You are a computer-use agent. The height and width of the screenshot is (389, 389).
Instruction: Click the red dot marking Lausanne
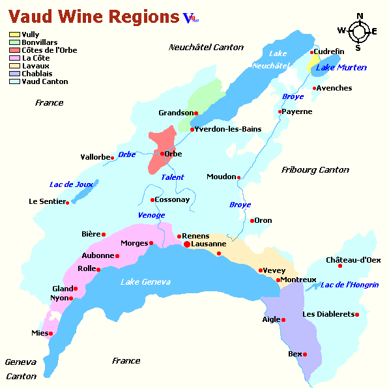tap(187, 244)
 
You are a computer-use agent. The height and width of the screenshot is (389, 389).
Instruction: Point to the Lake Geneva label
tap(145, 281)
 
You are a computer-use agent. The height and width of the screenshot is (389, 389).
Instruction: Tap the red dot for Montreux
tap(279, 280)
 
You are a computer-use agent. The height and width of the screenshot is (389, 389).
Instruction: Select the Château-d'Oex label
tap(353, 260)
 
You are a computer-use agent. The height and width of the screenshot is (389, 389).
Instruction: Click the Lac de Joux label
tap(71, 184)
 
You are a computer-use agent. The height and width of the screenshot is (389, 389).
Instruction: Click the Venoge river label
tap(151, 215)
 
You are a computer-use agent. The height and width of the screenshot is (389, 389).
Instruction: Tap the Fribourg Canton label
tap(315, 170)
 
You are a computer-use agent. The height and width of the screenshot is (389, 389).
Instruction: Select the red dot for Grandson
tap(196, 113)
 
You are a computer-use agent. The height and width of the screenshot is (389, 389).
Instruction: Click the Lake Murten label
tap(341, 68)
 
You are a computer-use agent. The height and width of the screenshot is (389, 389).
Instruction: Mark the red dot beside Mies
tap(51, 334)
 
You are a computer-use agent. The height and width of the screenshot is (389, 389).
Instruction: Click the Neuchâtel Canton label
tap(206, 48)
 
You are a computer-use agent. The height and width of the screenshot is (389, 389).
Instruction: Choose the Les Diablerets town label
tap(328, 315)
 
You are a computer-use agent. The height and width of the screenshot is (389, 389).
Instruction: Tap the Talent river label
tap(173, 177)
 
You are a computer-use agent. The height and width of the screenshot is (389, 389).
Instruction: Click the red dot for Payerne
tap(280, 112)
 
